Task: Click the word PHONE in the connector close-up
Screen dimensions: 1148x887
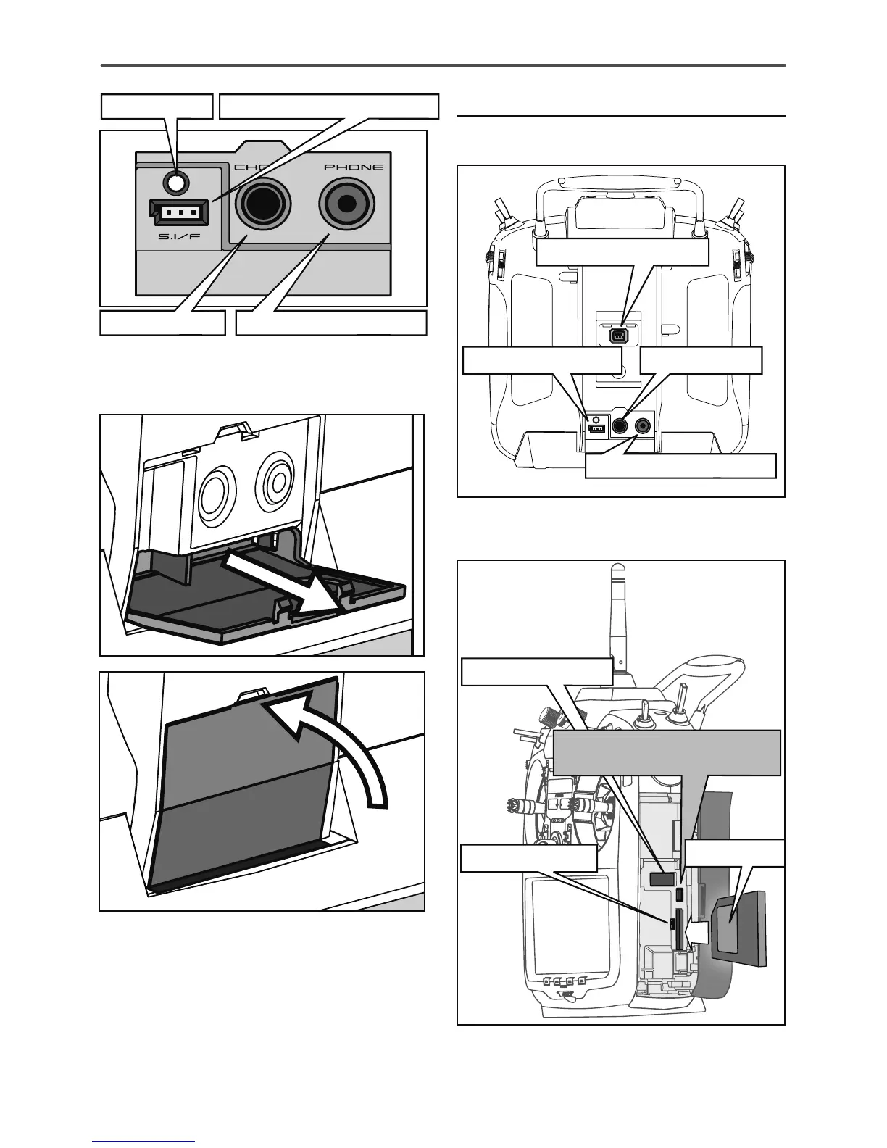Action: pos(354,167)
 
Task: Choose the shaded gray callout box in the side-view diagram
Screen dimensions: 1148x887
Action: pos(667,752)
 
